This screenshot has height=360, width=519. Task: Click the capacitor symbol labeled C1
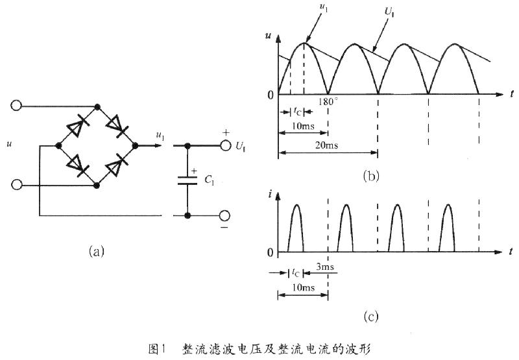pyautogui.click(x=187, y=181)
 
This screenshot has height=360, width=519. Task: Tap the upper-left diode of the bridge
pyautogui.click(x=77, y=126)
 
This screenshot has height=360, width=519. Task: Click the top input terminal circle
pyautogui.click(x=16, y=106)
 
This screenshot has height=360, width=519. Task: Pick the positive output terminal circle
pyautogui.click(x=225, y=145)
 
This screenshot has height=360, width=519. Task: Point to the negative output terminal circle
pyautogui.click(x=224, y=216)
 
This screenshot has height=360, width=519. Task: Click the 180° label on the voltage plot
pyautogui.click(x=328, y=102)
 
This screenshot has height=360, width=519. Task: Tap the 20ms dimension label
pyautogui.click(x=327, y=145)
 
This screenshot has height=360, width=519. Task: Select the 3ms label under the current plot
pyautogui.click(x=325, y=267)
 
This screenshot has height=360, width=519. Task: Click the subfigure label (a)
pyautogui.click(x=97, y=252)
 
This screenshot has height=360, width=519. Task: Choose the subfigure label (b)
pyautogui.click(x=370, y=176)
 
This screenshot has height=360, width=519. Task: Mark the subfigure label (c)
pyautogui.click(x=370, y=317)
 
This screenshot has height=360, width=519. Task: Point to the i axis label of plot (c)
pyautogui.click(x=271, y=195)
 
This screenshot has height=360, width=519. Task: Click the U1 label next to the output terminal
pyautogui.click(x=241, y=146)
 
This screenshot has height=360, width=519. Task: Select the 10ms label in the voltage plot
pyautogui.click(x=303, y=126)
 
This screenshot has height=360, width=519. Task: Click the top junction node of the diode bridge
pyautogui.click(x=97, y=106)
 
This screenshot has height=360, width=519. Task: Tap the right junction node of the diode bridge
pyautogui.click(x=135, y=145)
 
